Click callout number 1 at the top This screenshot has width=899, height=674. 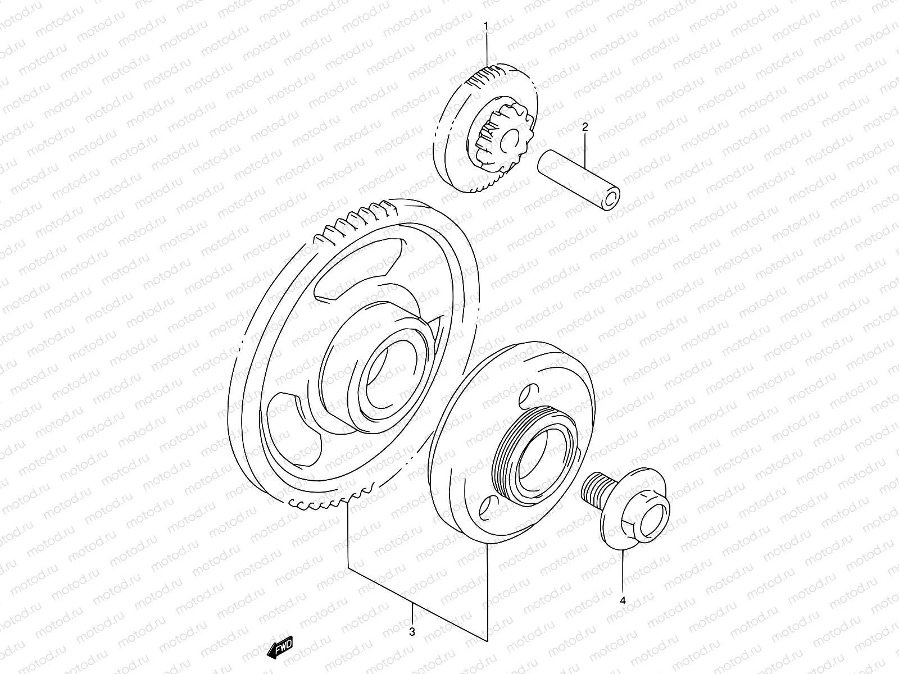click(487, 26)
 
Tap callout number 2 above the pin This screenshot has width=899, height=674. click(584, 127)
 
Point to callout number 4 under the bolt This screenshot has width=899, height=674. click(623, 600)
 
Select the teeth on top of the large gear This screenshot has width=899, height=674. click(365, 219)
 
